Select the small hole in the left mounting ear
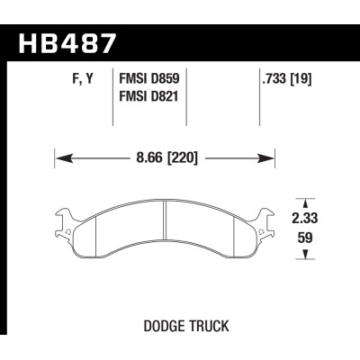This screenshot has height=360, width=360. tap(70, 229)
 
